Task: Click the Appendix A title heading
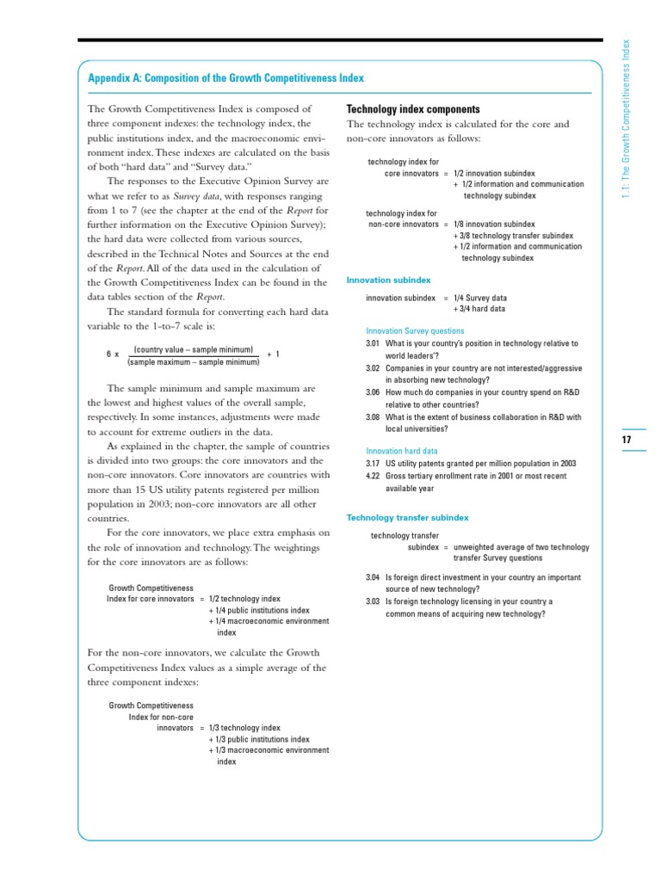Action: [x=225, y=78]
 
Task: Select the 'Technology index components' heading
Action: [x=412, y=109]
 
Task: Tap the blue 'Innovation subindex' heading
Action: [x=388, y=280]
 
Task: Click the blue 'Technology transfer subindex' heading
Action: [x=407, y=518]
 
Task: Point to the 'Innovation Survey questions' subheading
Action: [x=415, y=331]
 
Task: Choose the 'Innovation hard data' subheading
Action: [x=401, y=451]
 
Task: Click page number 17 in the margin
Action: [x=627, y=440]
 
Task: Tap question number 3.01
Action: [x=373, y=343]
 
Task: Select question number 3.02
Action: [x=373, y=368]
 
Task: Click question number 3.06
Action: [x=373, y=392]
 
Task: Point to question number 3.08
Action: [x=373, y=417]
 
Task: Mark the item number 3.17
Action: [x=373, y=464]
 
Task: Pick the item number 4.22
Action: [x=373, y=476]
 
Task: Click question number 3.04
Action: [x=373, y=577]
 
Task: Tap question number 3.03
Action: [x=373, y=602]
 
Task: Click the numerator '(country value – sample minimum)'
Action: [x=193, y=349]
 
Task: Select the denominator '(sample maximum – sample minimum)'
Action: [x=193, y=362]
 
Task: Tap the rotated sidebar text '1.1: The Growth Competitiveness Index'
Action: [x=627, y=120]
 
